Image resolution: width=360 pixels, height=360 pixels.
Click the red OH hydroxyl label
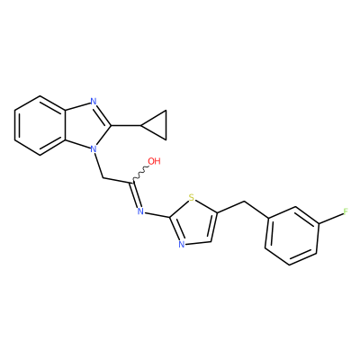[x=155, y=161]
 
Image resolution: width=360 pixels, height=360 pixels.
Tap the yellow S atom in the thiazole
[x=192, y=198]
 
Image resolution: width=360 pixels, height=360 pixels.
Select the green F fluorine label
[x=346, y=211]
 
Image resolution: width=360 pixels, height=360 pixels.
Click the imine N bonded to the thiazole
[x=140, y=211]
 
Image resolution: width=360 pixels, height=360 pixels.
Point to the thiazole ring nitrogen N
[x=181, y=244]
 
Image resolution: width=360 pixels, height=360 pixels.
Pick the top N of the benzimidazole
[x=94, y=101]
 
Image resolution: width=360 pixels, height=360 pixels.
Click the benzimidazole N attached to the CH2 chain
[x=94, y=148]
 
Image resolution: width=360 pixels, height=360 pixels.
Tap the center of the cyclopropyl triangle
[x=157, y=125]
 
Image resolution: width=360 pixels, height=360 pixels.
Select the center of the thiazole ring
[x=193, y=221]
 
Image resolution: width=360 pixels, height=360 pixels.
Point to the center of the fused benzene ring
[x=40, y=125]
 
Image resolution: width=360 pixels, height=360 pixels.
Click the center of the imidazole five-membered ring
[x=86, y=125]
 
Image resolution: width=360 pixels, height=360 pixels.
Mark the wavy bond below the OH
[x=139, y=173]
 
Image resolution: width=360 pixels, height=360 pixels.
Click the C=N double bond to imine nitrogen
[x=135, y=194]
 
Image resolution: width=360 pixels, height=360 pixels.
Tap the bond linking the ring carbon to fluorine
[x=331, y=219]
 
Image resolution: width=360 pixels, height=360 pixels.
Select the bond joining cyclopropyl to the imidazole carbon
[x=126, y=125]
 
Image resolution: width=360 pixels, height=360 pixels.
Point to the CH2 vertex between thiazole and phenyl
[x=246, y=202]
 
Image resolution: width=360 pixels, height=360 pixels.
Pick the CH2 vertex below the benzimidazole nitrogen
[x=103, y=178]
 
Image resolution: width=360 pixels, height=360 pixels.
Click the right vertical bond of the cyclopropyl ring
[x=166, y=125]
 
